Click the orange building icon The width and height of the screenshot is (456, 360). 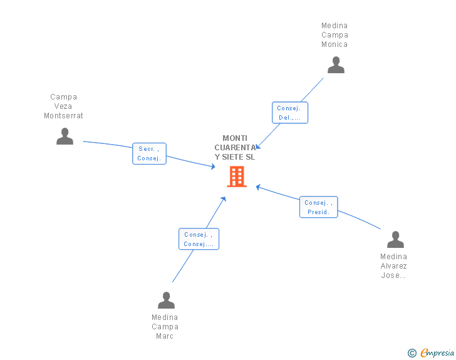click(237, 176)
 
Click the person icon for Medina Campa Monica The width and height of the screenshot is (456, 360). click(336, 65)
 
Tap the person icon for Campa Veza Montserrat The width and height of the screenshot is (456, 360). click(65, 136)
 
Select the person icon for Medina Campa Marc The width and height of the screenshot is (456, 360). click(166, 300)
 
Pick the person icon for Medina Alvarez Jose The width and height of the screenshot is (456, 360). click(395, 239)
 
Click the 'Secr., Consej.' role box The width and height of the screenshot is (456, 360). click(149, 153)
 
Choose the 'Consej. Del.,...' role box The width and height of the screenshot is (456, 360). click(290, 113)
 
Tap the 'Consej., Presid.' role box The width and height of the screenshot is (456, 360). click(318, 207)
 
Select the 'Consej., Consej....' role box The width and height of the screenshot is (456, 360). click(199, 239)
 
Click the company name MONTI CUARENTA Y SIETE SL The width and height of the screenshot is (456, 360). click(235, 147)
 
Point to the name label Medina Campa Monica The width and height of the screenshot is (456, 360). click(334, 35)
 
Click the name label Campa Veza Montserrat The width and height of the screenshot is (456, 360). click(63, 106)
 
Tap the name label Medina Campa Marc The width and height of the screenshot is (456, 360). click(165, 327)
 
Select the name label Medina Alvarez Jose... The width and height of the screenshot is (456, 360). click(393, 266)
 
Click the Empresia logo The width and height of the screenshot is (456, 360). click(437, 352)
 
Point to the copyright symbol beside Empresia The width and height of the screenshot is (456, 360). click(412, 353)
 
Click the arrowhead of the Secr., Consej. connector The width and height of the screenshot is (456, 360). click(213, 167)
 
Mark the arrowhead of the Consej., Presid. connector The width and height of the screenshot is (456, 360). click(258, 187)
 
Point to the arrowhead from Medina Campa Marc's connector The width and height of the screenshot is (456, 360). click(224, 199)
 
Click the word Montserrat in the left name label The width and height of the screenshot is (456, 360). click(63, 116)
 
